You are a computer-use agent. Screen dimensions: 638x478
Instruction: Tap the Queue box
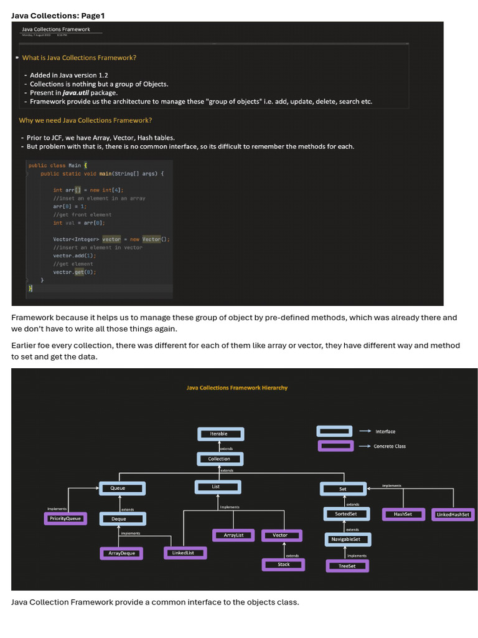click(122, 488)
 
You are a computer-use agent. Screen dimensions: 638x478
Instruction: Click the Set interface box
click(343, 489)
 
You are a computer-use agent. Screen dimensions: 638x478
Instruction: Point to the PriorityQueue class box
click(65, 518)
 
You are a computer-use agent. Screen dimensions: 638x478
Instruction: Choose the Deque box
click(123, 519)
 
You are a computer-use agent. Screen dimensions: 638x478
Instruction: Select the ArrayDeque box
click(122, 553)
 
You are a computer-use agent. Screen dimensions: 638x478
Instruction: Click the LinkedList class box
click(185, 553)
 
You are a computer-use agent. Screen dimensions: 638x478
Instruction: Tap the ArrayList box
click(233, 535)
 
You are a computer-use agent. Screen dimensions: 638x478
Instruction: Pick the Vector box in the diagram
click(281, 535)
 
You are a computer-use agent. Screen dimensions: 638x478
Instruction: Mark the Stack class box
click(283, 564)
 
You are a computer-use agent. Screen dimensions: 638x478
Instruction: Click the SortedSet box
click(347, 514)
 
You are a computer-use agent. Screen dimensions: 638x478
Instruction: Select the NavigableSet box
click(347, 539)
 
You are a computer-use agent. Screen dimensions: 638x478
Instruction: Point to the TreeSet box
click(347, 566)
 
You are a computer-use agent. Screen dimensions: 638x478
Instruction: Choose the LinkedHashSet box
click(453, 515)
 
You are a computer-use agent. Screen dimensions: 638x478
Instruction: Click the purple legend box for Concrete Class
click(335, 446)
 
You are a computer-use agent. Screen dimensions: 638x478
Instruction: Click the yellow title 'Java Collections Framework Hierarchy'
click(237, 388)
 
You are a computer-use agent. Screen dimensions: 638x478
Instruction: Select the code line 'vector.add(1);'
click(75, 255)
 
